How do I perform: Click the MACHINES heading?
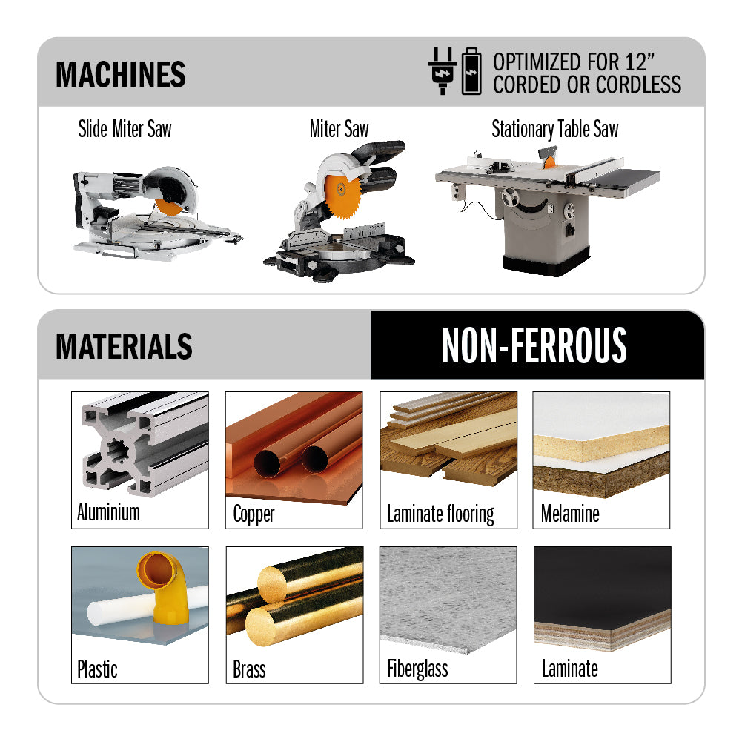[x=121, y=74]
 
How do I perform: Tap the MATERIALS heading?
[x=124, y=346]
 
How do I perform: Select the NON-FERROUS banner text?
[x=534, y=345]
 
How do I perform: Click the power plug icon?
[x=443, y=71]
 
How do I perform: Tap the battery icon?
[x=471, y=71]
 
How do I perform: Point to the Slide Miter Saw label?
[x=125, y=129]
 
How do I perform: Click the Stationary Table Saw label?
[x=555, y=129]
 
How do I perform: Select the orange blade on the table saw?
[x=549, y=162]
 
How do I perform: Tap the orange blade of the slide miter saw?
[x=168, y=208]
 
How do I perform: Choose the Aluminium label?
[x=108, y=512]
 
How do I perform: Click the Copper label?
[x=254, y=514]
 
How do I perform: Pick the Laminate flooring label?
[x=440, y=514]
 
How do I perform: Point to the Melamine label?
[x=570, y=514]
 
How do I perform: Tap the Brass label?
[x=249, y=669]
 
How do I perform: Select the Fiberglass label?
[x=417, y=669]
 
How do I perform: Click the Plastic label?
[x=97, y=669]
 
